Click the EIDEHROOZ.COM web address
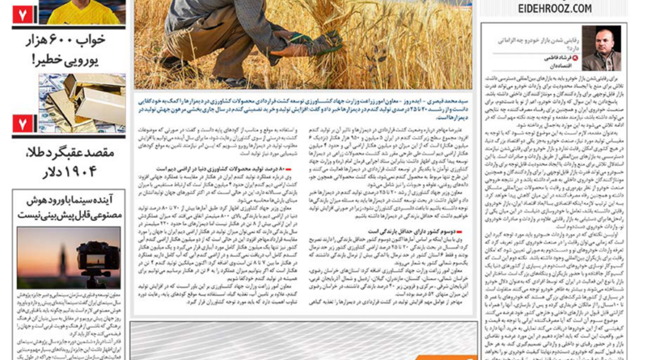point(558,8)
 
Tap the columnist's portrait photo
point(601,48)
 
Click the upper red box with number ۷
point(23,14)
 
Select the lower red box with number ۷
point(23,124)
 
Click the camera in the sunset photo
point(89,257)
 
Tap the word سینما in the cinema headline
point(81,200)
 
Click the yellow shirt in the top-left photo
point(81,12)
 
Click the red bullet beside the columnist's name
point(576,59)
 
